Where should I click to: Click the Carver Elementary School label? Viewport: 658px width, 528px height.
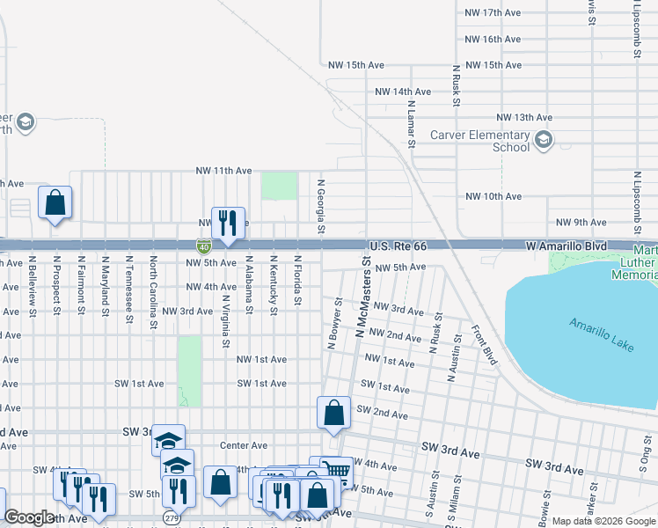pyautogui.click(x=479, y=141)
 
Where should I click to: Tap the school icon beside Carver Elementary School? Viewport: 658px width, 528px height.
pyautogui.click(x=544, y=139)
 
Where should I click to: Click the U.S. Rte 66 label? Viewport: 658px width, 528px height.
pyautogui.click(x=398, y=247)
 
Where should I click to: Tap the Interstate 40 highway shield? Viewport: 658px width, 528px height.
pyautogui.click(x=203, y=248)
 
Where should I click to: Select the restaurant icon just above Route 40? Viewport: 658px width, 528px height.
pyautogui.click(x=228, y=224)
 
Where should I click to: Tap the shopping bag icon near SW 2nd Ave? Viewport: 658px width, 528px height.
pyautogui.click(x=334, y=414)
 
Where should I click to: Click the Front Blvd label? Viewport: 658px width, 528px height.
pyautogui.click(x=484, y=345)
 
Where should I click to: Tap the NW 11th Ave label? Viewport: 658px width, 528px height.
pyautogui.click(x=223, y=171)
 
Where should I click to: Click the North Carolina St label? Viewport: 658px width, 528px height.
pyautogui.click(x=153, y=292)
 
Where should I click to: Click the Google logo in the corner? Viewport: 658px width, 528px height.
pyautogui.click(x=30, y=518)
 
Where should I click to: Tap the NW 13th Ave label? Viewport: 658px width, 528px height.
pyautogui.click(x=524, y=117)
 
